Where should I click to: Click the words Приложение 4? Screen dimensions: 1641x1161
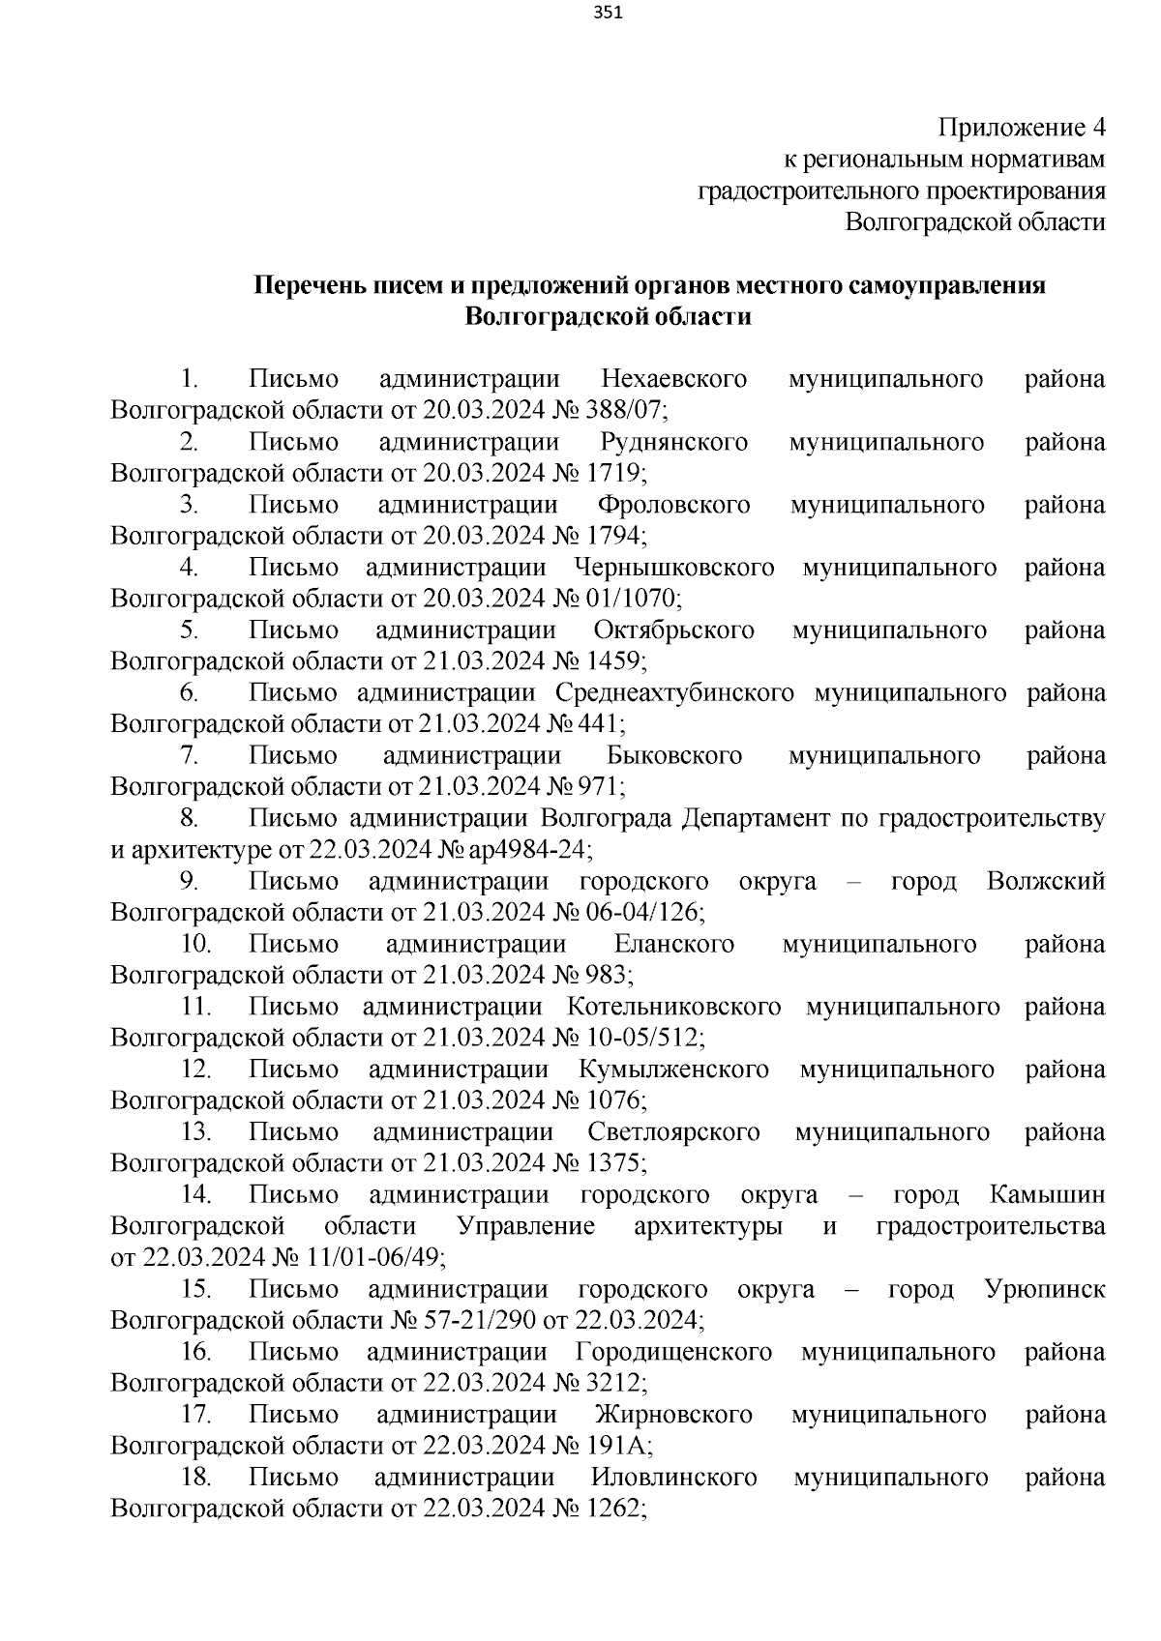1022,128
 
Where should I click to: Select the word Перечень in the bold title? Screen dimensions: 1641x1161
309,285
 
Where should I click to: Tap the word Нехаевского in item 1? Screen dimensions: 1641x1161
673,379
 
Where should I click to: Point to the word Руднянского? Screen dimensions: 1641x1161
673,442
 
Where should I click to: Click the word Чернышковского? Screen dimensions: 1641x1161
673,567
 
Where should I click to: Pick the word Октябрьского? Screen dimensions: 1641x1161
673,630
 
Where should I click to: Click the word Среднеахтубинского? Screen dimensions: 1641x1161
674,692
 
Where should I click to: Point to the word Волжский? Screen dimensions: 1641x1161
1046,881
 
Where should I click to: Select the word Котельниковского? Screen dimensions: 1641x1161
674,1007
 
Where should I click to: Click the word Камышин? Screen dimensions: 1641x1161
1047,1195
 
